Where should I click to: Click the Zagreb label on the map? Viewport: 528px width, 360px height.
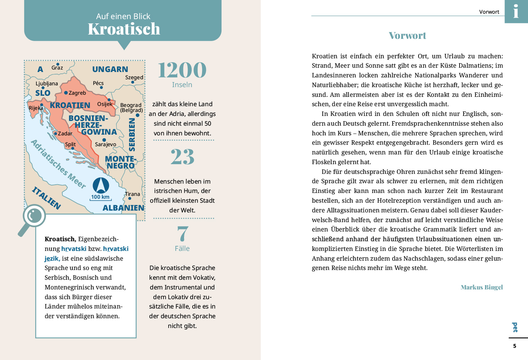coord(77,93)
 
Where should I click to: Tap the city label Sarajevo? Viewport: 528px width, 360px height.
coord(106,144)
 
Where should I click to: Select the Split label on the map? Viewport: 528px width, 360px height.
coord(70,144)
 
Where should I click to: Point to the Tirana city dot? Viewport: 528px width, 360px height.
coord(130,198)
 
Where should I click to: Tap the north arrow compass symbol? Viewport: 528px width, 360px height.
coord(101,185)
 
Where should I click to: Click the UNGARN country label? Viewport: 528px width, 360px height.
coord(110,69)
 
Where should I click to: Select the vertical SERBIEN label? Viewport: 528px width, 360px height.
coord(132,134)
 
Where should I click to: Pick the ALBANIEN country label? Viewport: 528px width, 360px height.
coord(123,208)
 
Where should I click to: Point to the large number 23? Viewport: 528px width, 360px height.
coord(182,157)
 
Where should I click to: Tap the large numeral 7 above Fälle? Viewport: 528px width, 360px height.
coord(183,234)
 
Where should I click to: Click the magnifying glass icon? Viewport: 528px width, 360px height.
coord(32,219)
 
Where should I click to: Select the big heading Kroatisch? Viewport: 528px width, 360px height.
coord(124,29)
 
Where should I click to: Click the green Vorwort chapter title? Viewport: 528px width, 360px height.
coord(407,36)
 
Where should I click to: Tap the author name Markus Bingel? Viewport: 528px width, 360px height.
coord(482,287)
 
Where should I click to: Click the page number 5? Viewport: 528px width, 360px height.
coord(514,346)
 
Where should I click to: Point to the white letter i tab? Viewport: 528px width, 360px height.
coord(516,11)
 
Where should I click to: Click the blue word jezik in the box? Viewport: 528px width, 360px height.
coord(52,258)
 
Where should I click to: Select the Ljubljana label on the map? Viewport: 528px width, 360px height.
coord(47,84)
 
